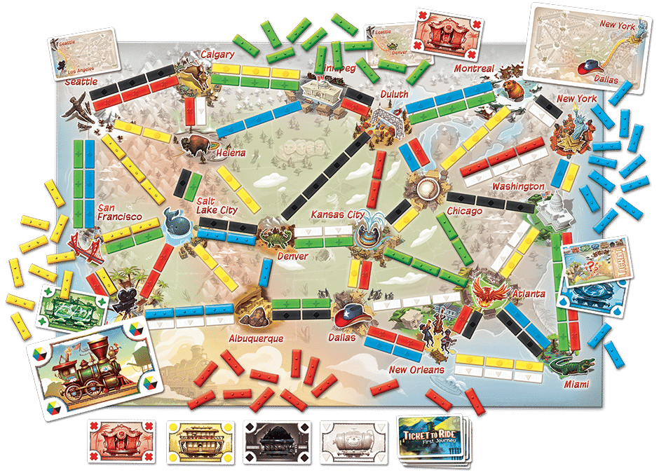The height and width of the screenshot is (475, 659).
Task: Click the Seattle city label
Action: (x=81, y=82)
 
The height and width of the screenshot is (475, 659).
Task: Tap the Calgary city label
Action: (x=217, y=54)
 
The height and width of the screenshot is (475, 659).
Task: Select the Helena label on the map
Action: (x=231, y=153)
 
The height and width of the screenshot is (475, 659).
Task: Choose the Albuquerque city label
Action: (x=256, y=338)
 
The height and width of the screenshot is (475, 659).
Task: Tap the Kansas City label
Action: (x=338, y=214)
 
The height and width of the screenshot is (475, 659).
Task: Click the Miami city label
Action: (x=575, y=385)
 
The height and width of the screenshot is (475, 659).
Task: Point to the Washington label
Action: (x=517, y=186)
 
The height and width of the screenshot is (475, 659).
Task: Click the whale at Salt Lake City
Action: (x=175, y=223)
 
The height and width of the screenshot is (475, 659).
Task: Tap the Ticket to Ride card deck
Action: (x=430, y=437)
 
